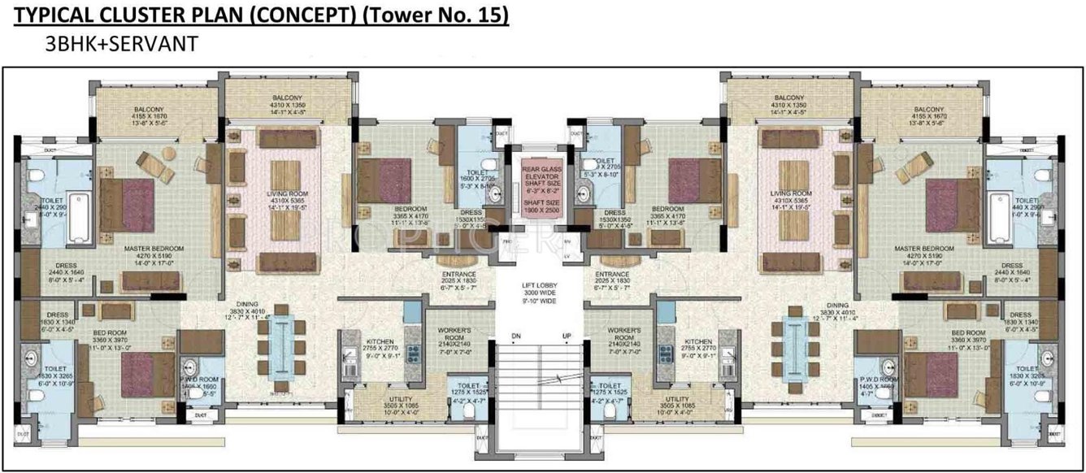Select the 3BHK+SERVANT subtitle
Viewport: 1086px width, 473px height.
pos(122,45)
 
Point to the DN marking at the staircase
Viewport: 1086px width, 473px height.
pos(515,336)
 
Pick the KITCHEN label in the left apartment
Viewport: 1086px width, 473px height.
pos(380,341)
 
